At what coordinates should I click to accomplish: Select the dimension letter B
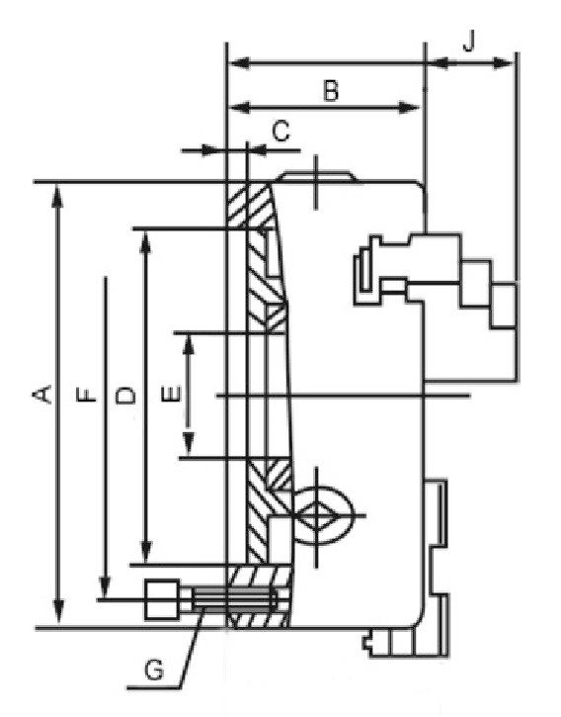pos(331,90)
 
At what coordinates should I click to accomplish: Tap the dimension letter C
pos(280,131)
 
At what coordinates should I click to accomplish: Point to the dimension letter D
pos(125,395)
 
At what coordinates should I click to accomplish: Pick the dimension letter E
pos(172,395)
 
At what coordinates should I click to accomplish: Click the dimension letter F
pos(86,394)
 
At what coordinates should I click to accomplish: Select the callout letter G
pos(154,670)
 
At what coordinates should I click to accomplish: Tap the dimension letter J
pos(469,43)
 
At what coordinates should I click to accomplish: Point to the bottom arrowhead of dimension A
pos(57,610)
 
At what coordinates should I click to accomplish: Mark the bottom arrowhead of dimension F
pos(105,584)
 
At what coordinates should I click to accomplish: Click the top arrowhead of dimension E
pos(189,347)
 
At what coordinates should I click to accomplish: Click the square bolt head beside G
pos(162,599)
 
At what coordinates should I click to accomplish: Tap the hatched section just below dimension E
pos(274,475)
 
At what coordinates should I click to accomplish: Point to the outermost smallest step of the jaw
pos(504,306)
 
